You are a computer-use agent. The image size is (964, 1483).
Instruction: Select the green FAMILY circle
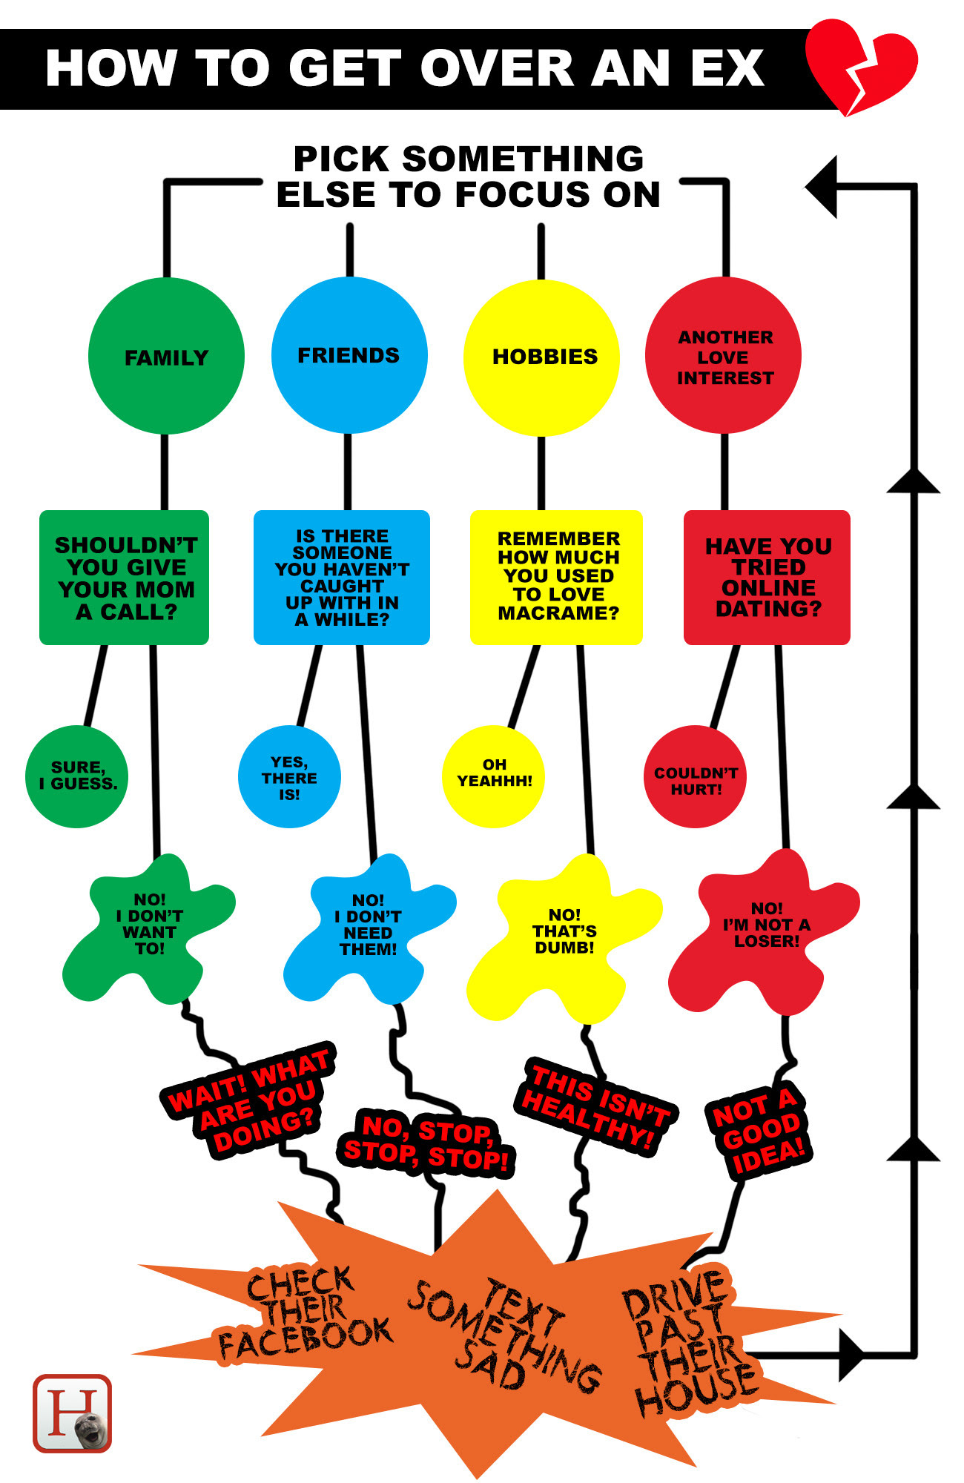point(166,356)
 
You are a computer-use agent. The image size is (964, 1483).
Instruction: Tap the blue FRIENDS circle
point(349,355)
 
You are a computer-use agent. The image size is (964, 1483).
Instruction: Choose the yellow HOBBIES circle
point(541,357)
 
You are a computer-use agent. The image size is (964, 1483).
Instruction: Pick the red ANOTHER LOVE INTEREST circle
point(724,355)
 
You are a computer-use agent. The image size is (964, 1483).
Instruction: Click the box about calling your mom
point(124,578)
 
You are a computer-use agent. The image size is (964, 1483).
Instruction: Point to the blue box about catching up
point(342,578)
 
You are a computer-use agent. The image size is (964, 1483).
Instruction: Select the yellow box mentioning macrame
point(556,578)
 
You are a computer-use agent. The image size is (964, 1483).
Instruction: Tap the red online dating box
point(767,578)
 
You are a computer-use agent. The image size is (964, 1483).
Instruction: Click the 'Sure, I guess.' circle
point(76,776)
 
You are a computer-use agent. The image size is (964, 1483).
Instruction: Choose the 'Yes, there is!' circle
point(289,776)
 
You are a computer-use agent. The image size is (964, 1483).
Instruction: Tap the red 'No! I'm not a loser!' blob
point(764,931)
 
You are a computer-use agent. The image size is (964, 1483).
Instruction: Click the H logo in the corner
point(72,1413)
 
